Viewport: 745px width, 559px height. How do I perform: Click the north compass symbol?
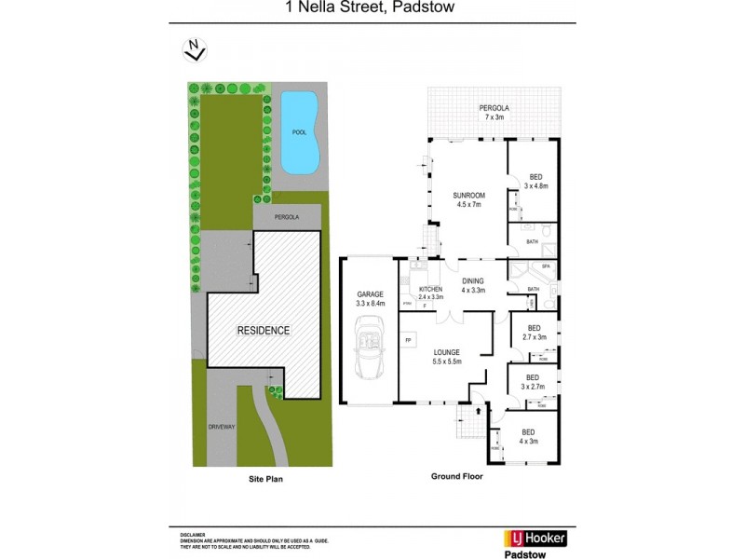click(x=194, y=48)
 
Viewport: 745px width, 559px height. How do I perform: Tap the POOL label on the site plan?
click(x=298, y=132)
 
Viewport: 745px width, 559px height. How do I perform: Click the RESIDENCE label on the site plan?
click(x=263, y=331)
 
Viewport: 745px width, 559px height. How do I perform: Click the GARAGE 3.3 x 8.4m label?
click(x=370, y=298)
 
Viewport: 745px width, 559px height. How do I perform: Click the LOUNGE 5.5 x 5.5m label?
click(x=446, y=356)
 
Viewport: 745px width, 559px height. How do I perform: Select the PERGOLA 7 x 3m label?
click(x=492, y=113)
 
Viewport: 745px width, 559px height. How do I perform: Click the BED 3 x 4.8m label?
click(x=535, y=182)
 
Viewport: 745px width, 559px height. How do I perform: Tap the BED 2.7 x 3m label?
click(x=534, y=333)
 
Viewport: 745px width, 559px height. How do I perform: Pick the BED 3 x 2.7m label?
click(x=533, y=382)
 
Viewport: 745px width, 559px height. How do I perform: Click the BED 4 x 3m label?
click(x=528, y=436)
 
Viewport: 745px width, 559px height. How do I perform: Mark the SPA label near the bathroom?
click(x=546, y=268)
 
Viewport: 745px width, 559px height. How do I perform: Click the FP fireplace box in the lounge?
click(x=409, y=339)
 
